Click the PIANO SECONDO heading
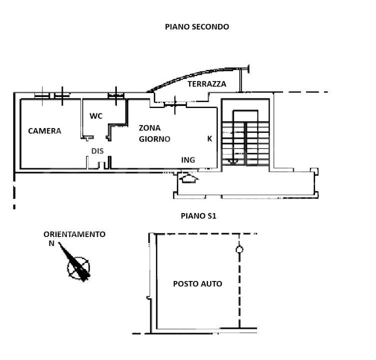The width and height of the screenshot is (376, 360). pos(197,27)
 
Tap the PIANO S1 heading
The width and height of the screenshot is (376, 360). pos(198,216)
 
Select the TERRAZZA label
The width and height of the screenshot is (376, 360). pos(207,84)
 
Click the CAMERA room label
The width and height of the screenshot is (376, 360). pos(44,131)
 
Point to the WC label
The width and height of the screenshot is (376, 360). pos(96,116)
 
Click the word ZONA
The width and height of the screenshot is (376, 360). pos(149,127)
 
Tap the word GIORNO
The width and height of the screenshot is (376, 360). pos(155,139)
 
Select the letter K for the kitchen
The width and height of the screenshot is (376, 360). pos(210,139)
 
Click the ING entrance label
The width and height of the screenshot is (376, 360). pos(188,160)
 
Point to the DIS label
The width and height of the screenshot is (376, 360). pos(97,150)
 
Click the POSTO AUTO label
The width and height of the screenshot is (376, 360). pos(197,284)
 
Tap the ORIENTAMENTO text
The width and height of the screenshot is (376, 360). pos(74,234)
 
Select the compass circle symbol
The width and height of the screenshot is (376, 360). pos(78,267)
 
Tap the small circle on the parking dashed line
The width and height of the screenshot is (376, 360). pos(239,249)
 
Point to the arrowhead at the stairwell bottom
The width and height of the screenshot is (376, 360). pos(232,161)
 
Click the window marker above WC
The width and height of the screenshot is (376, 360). pos(116,94)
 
